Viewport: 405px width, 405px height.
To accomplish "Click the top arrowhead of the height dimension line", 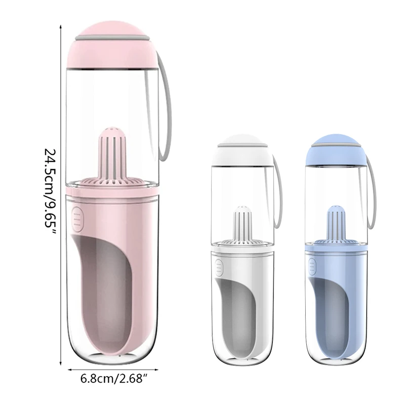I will [x=61, y=23].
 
